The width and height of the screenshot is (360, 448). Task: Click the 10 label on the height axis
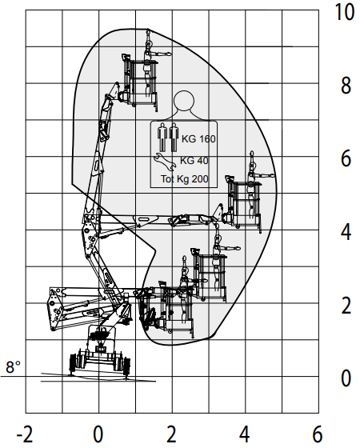(x=344, y=12)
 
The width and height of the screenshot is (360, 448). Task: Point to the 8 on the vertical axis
(x=346, y=86)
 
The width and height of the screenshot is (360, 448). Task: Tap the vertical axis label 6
(x=346, y=158)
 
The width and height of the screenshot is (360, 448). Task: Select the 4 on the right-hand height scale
(x=346, y=232)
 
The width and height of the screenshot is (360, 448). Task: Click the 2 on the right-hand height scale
(x=346, y=305)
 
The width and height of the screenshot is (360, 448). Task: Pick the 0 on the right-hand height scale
(x=346, y=378)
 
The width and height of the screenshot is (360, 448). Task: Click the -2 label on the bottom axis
(x=25, y=434)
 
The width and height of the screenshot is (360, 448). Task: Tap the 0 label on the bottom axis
(x=98, y=434)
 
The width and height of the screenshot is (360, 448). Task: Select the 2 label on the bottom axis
(x=171, y=434)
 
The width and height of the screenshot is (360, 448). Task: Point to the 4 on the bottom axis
(x=245, y=434)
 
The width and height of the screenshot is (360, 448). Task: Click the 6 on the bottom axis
(x=318, y=434)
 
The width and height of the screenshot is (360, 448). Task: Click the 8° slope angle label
(x=13, y=367)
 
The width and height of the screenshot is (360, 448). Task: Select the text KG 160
(x=198, y=139)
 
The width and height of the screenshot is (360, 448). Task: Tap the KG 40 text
(x=194, y=161)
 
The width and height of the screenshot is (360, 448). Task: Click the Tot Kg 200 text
(x=185, y=179)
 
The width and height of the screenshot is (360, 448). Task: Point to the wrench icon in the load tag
(x=165, y=162)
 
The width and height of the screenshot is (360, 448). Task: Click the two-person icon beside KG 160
(x=167, y=137)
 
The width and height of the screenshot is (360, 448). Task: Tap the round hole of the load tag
(x=184, y=101)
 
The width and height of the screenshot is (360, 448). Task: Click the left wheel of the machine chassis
(x=74, y=363)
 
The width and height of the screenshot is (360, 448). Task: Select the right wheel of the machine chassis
(x=126, y=365)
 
